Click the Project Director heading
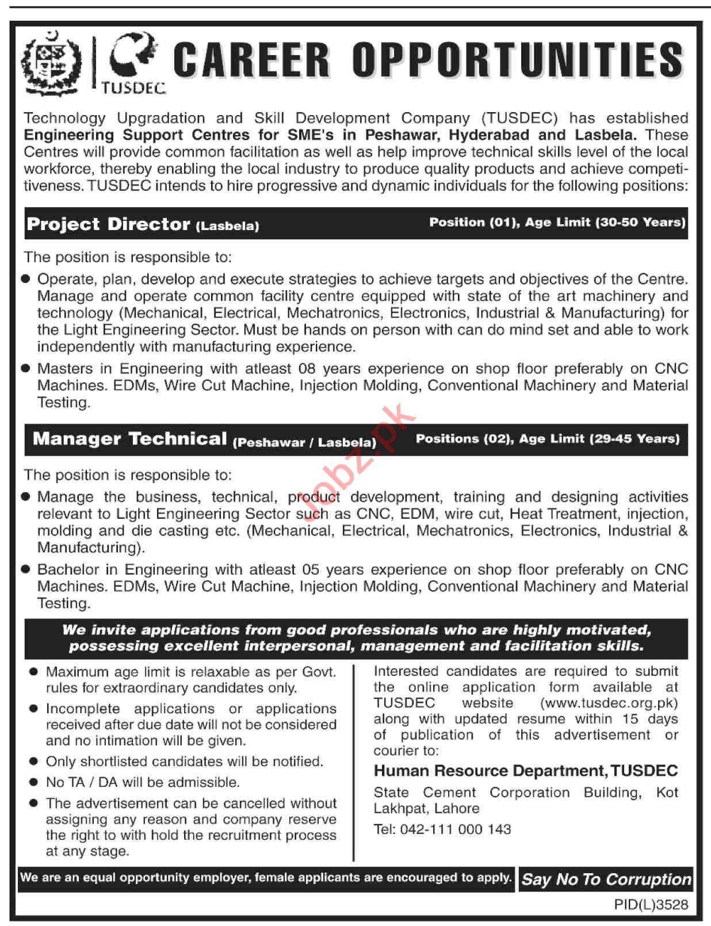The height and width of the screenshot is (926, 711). [108, 224]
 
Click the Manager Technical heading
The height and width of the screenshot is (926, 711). [129, 439]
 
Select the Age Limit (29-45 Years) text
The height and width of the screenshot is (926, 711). [599, 439]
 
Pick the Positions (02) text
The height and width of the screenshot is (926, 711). [464, 439]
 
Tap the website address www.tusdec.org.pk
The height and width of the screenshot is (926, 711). [609, 703]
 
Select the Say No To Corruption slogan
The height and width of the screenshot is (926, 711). [606, 879]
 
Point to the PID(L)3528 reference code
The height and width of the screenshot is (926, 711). [651, 905]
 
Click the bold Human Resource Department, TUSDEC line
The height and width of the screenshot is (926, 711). [526, 771]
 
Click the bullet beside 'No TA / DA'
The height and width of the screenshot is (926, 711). [34, 782]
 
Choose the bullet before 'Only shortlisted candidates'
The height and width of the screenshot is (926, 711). [34, 762]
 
